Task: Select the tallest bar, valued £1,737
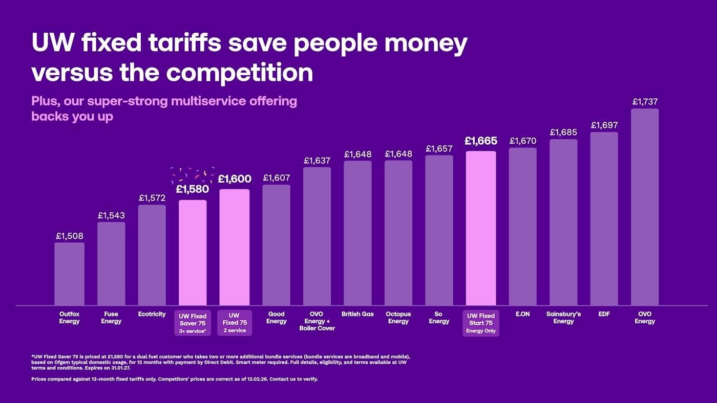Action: coord(645,207)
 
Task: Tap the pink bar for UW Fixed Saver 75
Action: coord(193,253)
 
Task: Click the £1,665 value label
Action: coord(481,141)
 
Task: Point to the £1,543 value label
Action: coord(111,216)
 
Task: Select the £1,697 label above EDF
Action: coord(604,125)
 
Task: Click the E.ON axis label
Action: coord(522,314)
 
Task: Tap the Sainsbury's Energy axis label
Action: coord(563,318)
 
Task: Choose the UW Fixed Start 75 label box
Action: coord(481,323)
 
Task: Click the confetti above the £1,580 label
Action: coord(193,174)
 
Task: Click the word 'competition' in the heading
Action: coord(239,72)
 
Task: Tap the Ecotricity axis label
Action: coord(152,314)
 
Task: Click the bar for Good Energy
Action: coord(276,245)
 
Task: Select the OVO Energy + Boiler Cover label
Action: coord(317,321)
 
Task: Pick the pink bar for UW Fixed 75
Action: coord(235,248)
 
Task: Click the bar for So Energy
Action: coord(439,230)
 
